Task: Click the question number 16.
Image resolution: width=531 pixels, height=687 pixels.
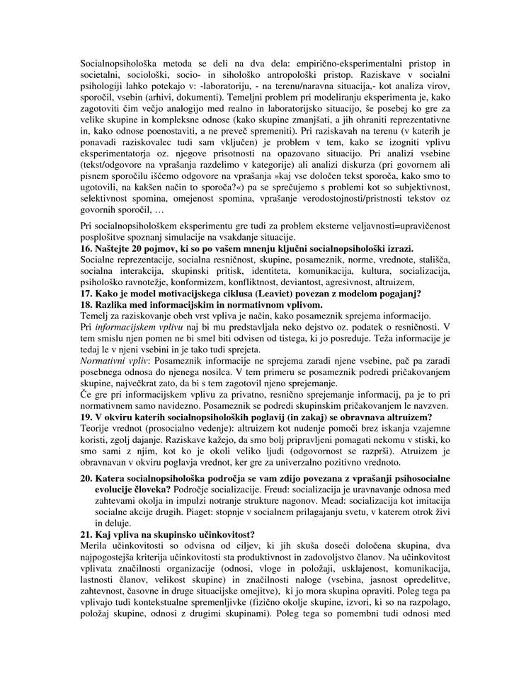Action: tap(86, 249)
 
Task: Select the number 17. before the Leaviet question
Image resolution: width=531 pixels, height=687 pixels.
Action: tap(86, 294)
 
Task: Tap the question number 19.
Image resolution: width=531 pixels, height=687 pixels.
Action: tap(86, 417)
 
